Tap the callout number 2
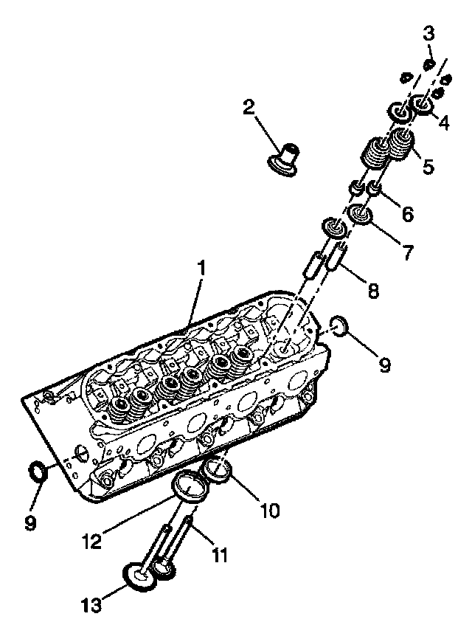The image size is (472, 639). tap(249, 108)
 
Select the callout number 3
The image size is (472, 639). tap(428, 33)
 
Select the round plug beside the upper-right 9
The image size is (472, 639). tap(339, 325)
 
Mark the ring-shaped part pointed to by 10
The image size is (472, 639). tap(218, 469)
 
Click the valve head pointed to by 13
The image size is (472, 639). tap(138, 576)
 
